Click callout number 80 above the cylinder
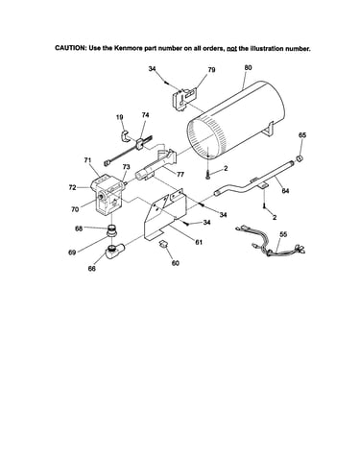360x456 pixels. click(x=248, y=67)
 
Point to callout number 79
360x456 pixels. click(x=211, y=69)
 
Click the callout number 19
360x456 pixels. click(x=120, y=117)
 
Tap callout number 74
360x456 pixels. click(x=145, y=115)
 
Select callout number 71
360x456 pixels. click(x=88, y=160)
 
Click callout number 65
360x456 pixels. click(x=302, y=134)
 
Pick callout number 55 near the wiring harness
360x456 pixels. click(x=283, y=234)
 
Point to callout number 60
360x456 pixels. click(x=176, y=263)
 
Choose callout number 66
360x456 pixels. click(x=92, y=268)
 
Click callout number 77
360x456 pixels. click(x=180, y=175)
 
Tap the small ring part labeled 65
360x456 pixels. click(x=300, y=158)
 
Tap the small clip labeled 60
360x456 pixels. click(x=163, y=244)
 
